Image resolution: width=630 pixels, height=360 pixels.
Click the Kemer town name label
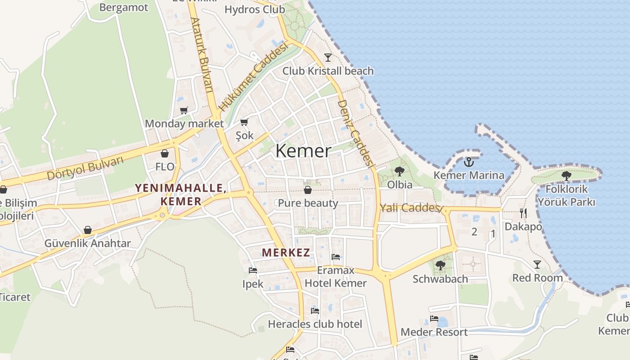point(303,151)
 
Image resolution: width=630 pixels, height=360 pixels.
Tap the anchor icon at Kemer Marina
point(469,162)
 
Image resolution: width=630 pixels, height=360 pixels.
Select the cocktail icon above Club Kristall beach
point(328,57)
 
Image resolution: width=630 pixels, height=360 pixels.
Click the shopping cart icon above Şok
point(244,122)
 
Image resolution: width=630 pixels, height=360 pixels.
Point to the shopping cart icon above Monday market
point(184,110)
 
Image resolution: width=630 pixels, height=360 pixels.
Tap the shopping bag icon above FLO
point(165,153)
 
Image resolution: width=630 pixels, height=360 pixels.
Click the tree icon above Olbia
point(399,171)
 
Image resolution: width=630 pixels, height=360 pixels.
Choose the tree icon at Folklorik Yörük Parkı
point(566,176)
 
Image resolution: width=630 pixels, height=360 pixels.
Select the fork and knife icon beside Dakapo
point(523,213)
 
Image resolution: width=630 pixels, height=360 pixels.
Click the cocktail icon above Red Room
point(537,264)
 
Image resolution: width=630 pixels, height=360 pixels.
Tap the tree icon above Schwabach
point(441,265)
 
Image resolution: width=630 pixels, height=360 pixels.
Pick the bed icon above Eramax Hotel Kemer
point(336,257)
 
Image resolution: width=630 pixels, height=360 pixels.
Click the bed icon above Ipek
point(253,270)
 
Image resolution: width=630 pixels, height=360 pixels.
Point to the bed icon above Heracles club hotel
point(315,310)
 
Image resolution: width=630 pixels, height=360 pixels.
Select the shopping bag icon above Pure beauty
point(308,190)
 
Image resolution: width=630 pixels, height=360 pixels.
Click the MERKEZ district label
point(286,252)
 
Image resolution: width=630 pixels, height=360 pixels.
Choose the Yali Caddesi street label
point(409,208)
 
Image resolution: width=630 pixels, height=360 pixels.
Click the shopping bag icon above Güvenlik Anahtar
point(88,230)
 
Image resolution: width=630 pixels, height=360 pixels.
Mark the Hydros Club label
point(255,9)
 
